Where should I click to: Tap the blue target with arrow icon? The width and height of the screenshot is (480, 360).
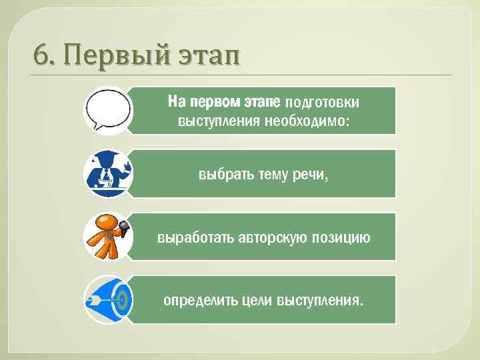click(x=108, y=299)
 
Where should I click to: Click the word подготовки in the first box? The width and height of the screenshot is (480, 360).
click(x=322, y=103)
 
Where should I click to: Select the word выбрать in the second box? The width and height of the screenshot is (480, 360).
click(x=224, y=175)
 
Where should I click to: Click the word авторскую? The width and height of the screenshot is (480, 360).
click(x=275, y=237)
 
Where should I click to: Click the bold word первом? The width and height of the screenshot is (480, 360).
click(x=215, y=103)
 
